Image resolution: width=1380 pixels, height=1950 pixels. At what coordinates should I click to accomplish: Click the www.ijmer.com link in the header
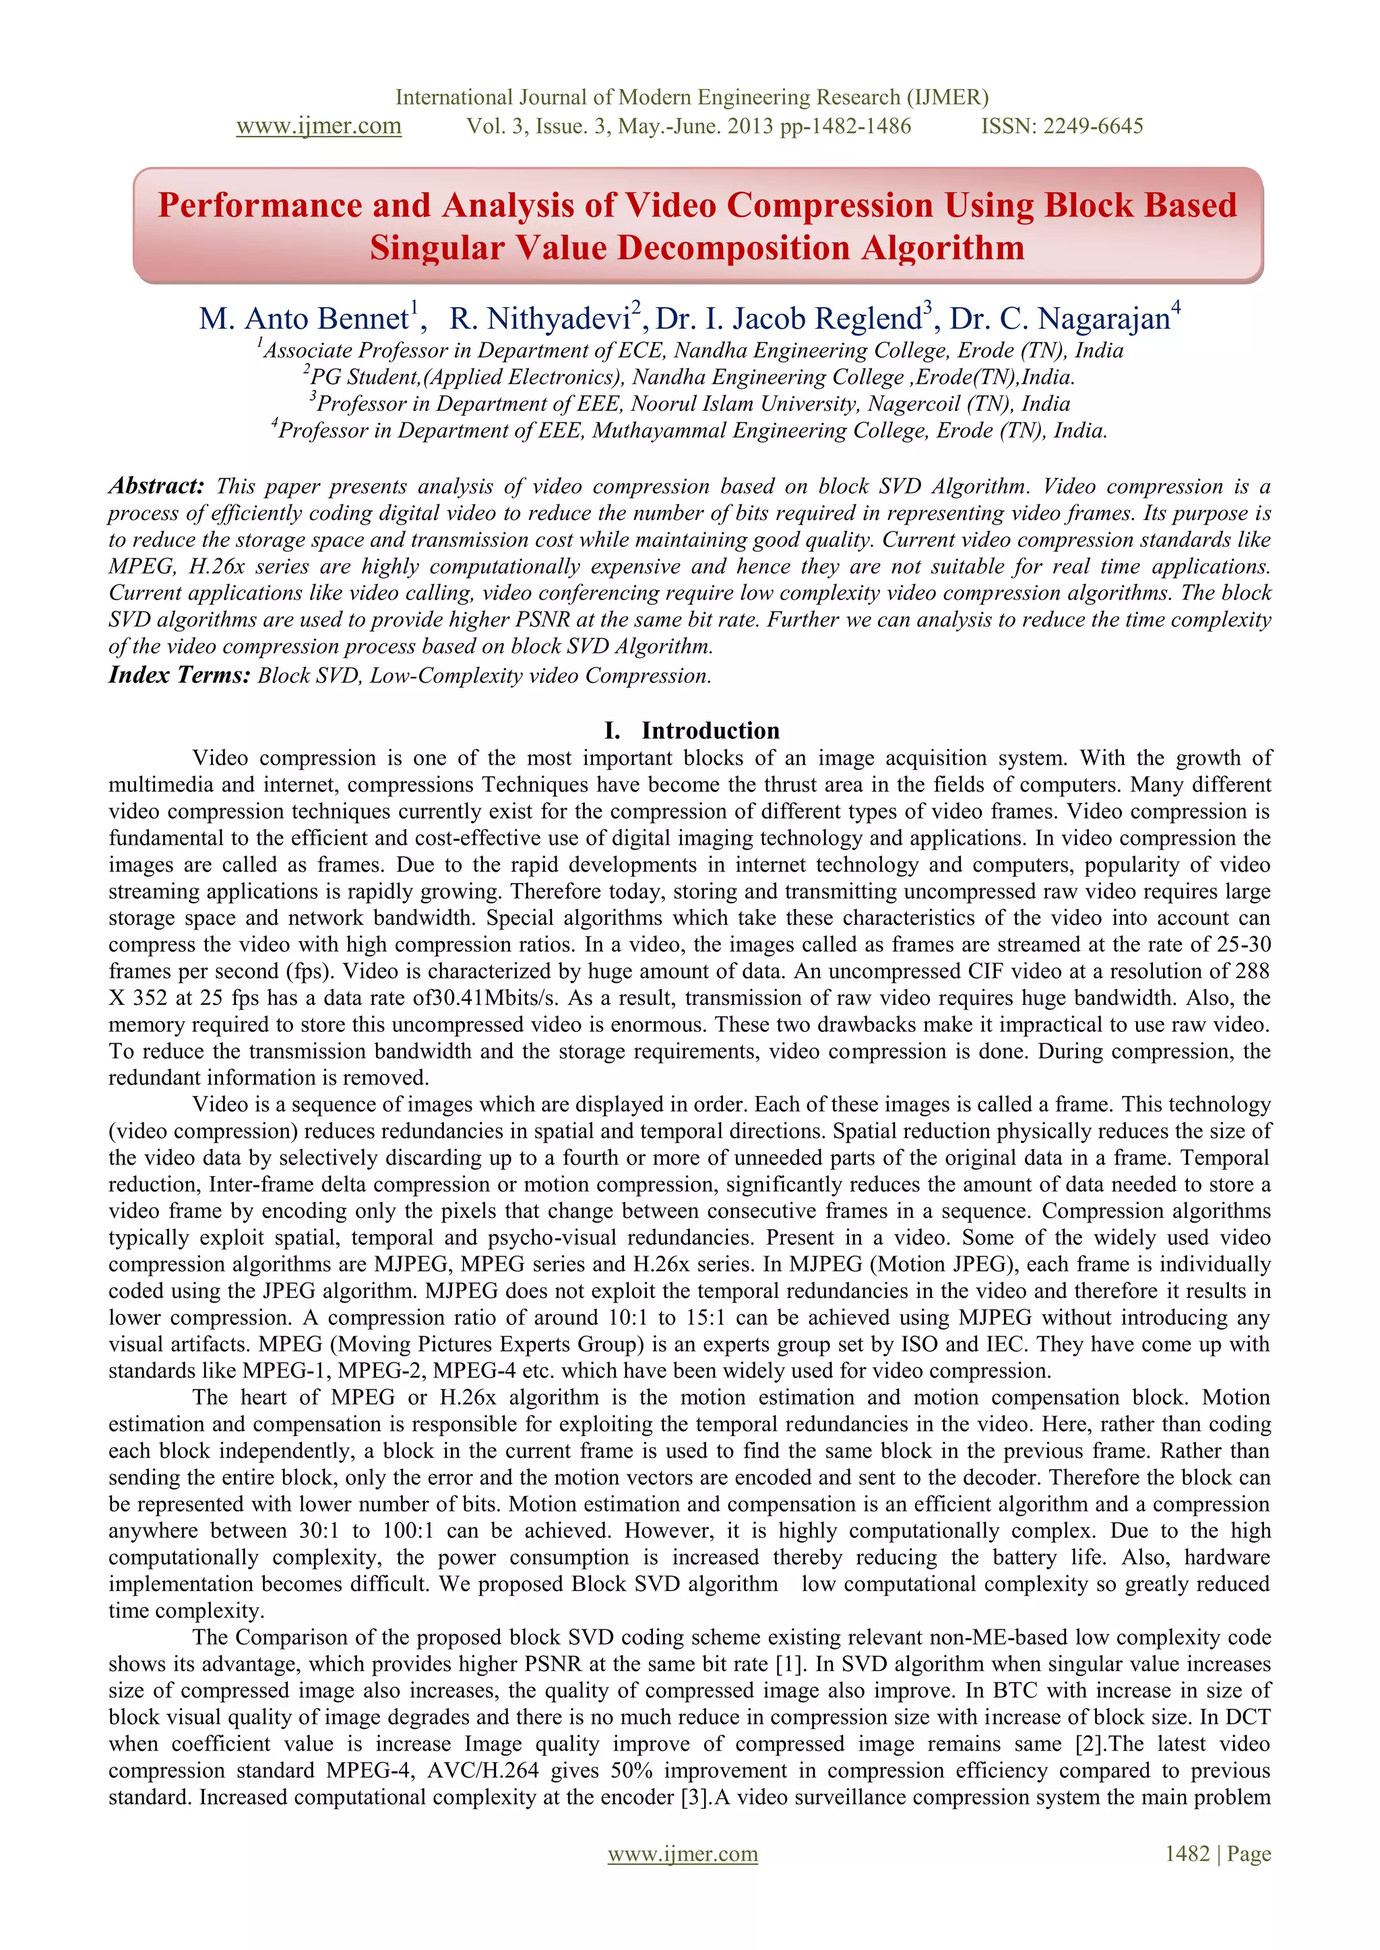[319, 127]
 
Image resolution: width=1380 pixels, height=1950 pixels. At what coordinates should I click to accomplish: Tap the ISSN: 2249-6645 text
[1062, 127]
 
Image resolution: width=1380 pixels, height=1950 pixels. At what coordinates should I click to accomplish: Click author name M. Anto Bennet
[304, 319]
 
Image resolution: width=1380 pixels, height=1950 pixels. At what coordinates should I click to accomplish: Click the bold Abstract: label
[156, 486]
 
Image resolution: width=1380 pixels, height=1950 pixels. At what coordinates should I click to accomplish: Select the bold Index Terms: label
[179, 676]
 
